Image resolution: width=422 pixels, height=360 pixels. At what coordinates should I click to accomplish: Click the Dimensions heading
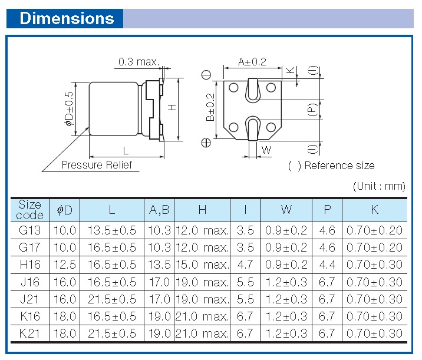67,18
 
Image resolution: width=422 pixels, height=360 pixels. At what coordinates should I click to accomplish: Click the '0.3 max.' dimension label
139,62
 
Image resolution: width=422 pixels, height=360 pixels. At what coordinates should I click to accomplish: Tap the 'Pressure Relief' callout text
97,164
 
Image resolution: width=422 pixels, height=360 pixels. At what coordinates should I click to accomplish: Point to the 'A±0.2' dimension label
252,62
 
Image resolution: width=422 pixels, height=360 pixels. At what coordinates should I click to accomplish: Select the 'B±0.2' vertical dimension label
210,107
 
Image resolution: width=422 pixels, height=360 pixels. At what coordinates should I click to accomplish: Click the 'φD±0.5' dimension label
68,108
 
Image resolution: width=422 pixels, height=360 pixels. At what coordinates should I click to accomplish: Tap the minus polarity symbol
206,75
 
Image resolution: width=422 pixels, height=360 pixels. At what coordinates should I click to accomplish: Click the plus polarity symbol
206,143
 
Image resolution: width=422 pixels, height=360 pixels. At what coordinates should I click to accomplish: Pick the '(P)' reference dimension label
312,110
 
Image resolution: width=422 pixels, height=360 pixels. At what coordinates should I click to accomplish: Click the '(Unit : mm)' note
379,186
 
